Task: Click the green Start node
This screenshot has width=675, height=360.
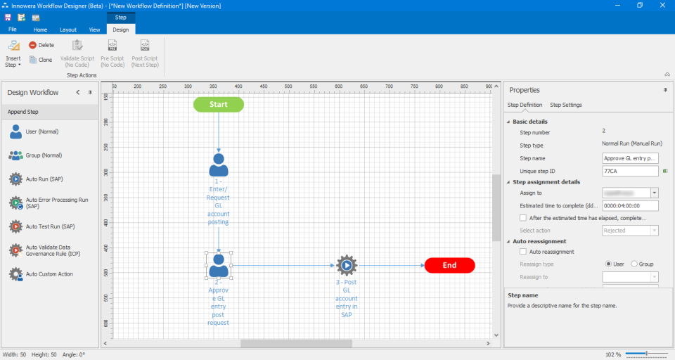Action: coord(219,105)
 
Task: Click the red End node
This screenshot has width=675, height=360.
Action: coord(450,266)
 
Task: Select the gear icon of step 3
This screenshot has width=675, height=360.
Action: coord(346,266)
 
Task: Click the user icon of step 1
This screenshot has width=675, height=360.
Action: coord(219,165)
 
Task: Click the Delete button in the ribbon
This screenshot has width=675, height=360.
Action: coord(41,45)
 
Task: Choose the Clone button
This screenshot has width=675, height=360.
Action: coord(41,60)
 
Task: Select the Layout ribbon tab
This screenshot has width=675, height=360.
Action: coord(68,30)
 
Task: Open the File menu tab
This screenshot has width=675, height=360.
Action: coord(13,30)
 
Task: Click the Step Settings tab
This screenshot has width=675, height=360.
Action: coord(565,105)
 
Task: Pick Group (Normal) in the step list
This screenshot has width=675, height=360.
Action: coord(44,155)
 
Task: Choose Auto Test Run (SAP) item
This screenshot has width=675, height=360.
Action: coord(49,226)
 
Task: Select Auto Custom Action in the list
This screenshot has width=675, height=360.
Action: coord(49,274)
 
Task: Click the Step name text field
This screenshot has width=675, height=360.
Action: coord(630,158)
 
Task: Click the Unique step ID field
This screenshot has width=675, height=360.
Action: coord(630,171)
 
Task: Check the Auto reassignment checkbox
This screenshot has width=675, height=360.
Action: coord(522,252)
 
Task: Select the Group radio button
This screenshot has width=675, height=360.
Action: coord(634,264)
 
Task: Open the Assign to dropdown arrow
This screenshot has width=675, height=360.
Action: coord(655,193)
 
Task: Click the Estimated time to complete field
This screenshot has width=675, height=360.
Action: coord(630,206)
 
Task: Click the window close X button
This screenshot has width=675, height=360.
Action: coord(662,6)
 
